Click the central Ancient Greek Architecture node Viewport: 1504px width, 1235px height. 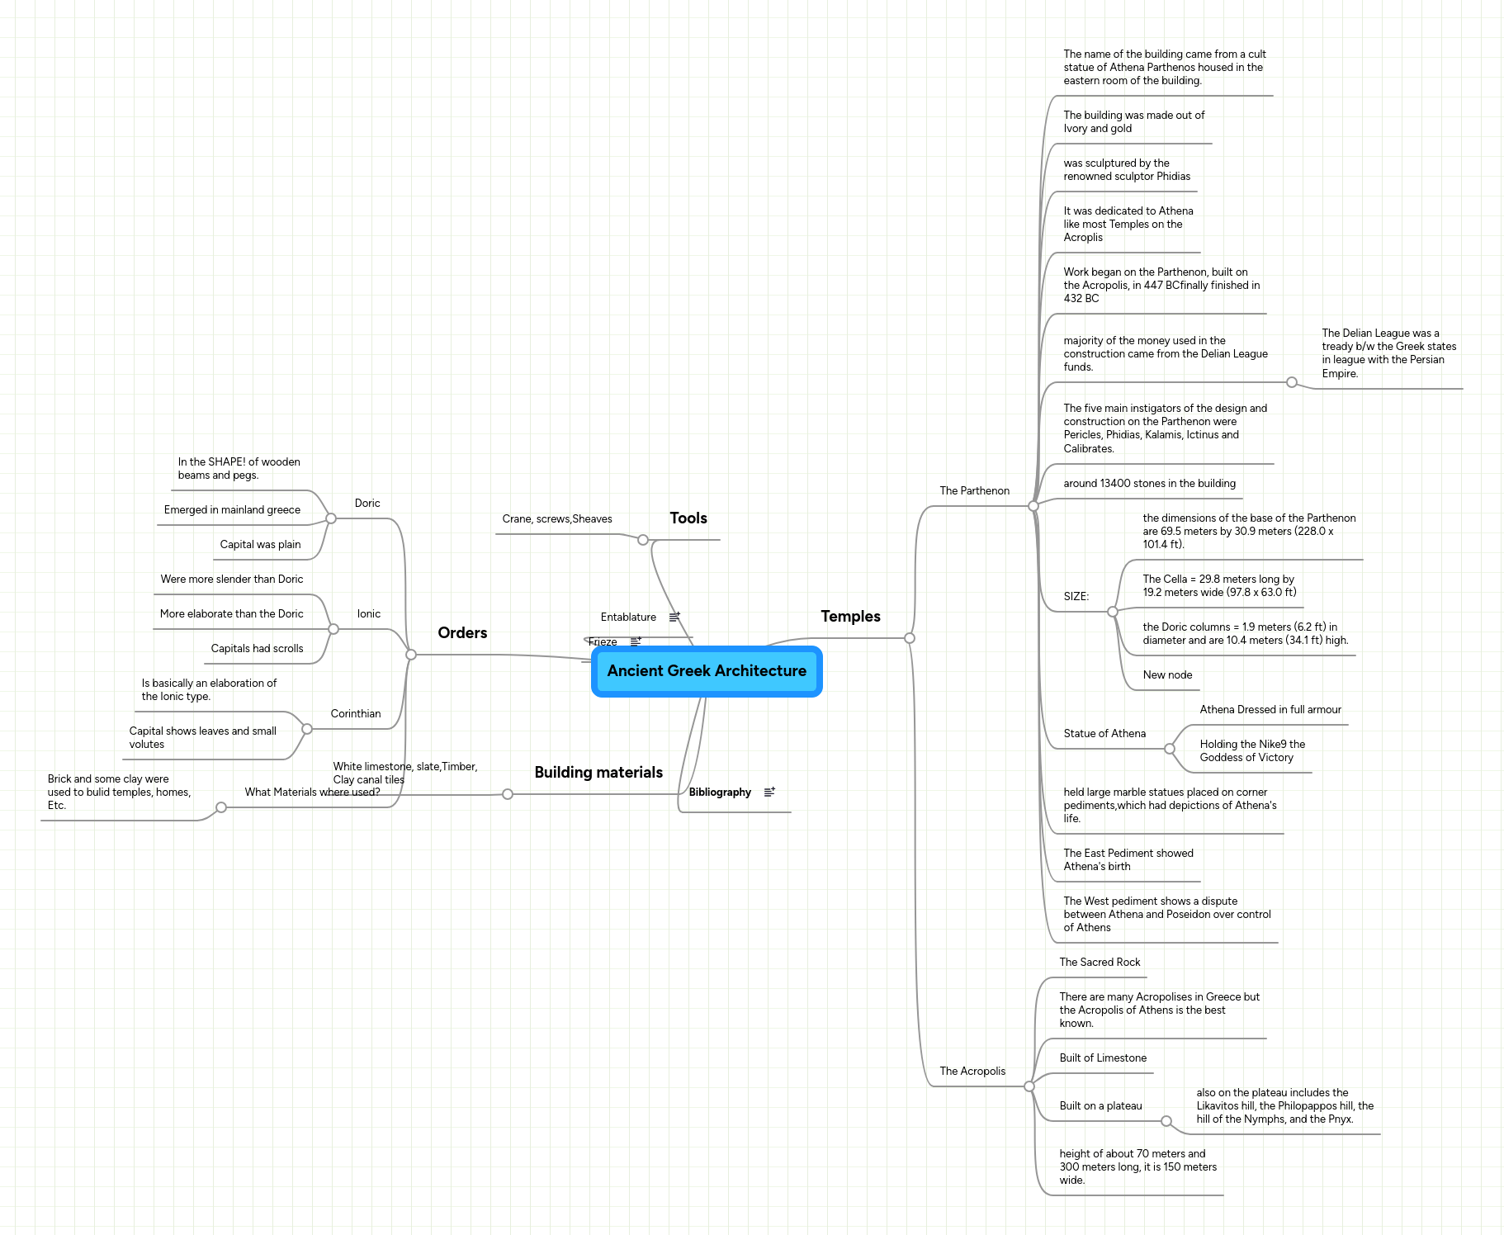coord(707,671)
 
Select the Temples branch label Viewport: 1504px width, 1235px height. coord(850,617)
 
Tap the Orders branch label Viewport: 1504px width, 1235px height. coord(462,633)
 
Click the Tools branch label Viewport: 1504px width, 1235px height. coord(688,518)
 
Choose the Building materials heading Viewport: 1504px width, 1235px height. coord(598,773)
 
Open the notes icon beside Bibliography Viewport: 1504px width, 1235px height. coord(769,792)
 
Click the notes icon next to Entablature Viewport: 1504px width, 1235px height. coord(674,617)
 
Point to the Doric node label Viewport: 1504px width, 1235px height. coord(367,504)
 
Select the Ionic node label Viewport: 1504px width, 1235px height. coord(369,614)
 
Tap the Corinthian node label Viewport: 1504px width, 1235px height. coord(356,714)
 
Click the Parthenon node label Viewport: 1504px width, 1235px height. coord(974,491)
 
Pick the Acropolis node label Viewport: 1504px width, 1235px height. coord(972,1072)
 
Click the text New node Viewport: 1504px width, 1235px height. coord(1167,675)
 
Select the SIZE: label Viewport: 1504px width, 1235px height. coord(1076,597)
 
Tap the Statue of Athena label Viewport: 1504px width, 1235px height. coord(1104,734)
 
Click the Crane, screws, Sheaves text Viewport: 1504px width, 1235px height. coord(557,519)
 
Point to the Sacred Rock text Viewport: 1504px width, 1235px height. coord(1100,963)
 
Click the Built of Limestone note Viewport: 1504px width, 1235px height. coord(1103,1058)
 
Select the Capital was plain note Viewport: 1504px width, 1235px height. coord(260,545)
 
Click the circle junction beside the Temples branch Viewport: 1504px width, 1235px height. coord(910,638)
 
